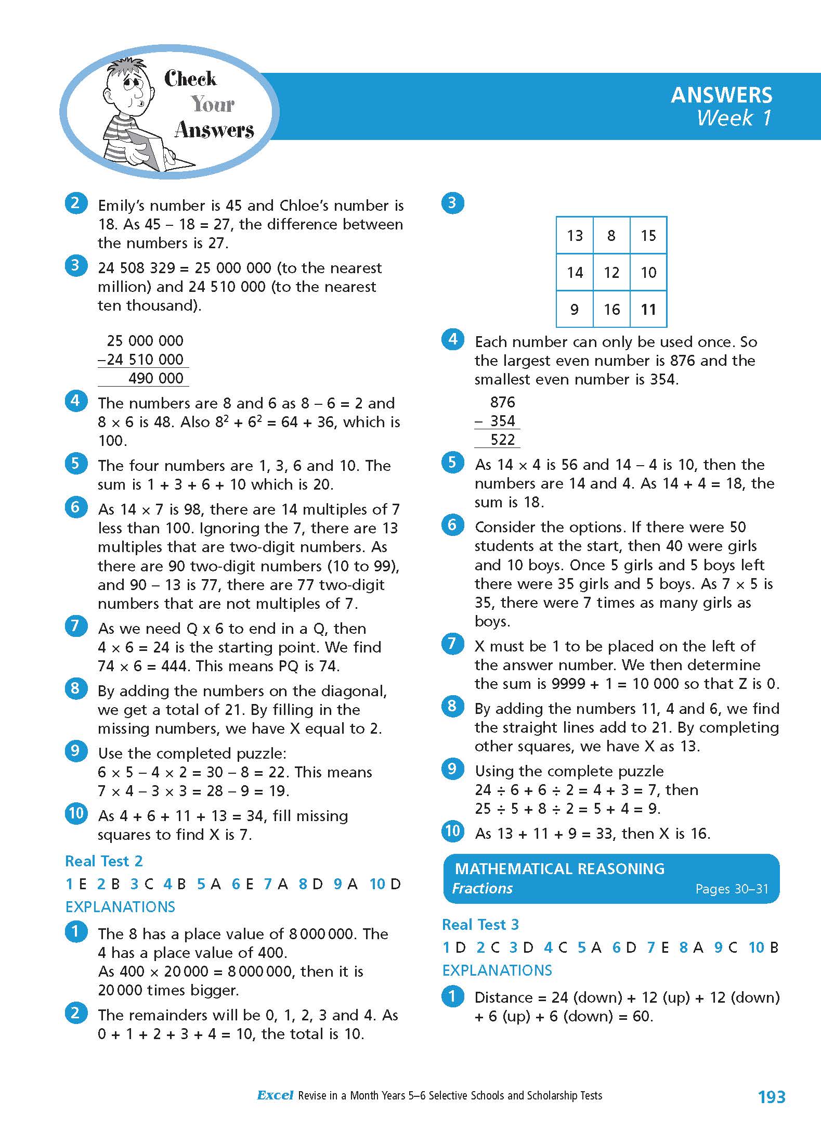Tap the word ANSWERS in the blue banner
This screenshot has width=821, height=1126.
coord(721,95)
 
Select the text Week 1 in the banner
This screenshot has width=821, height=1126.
coord(734,118)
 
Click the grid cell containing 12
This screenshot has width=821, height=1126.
coord(611,273)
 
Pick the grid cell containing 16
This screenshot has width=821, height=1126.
coord(611,310)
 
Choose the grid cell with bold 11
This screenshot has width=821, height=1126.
coord(648,310)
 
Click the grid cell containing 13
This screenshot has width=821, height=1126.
coord(575,236)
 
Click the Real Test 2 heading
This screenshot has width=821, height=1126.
coord(103,861)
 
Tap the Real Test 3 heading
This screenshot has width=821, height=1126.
coord(480,925)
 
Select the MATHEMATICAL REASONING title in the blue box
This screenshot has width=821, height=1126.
coord(559,868)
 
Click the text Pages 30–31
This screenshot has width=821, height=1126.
coord(732,889)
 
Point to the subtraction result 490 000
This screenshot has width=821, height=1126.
coord(155,378)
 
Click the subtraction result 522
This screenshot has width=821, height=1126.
coord(502,440)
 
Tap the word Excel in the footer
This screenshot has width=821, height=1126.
coord(275,1095)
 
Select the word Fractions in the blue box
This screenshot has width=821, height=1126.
coord(482,888)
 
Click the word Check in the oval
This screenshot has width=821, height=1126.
coord(190,79)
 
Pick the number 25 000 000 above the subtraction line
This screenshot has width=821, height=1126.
coord(145,341)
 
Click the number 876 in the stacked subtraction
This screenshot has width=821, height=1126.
coord(502,402)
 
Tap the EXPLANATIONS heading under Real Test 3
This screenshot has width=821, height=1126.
coord(497,970)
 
